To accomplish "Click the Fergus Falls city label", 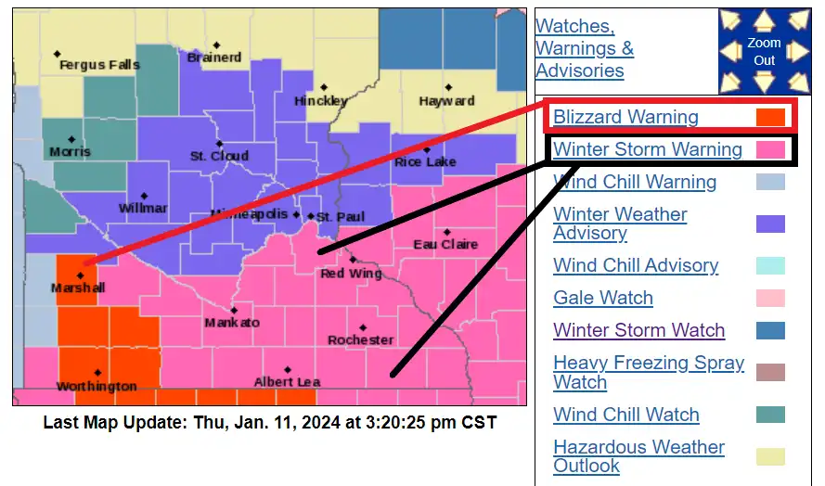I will [x=99, y=65].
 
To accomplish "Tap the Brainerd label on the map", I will [x=213, y=58].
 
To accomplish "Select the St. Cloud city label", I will [x=219, y=156].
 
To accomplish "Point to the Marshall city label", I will [x=79, y=288].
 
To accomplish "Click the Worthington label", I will [x=97, y=386].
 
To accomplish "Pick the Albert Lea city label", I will [x=287, y=381].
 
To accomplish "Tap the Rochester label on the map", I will [x=360, y=340].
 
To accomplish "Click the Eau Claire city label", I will [x=445, y=244].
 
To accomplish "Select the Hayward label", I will [x=446, y=100].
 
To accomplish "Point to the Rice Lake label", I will [x=425, y=162].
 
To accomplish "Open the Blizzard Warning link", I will [x=625, y=117].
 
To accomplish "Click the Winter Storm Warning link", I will [x=648, y=149].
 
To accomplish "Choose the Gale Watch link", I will [x=603, y=298].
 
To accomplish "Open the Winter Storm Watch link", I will [x=639, y=330].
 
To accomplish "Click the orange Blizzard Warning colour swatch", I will [x=770, y=117].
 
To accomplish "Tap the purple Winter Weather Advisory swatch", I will [x=770, y=224].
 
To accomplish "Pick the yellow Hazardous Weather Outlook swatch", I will [x=770, y=456].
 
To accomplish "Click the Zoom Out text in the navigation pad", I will [x=764, y=52].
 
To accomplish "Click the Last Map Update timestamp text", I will [x=270, y=423].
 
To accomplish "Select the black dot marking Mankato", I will [x=233, y=310].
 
